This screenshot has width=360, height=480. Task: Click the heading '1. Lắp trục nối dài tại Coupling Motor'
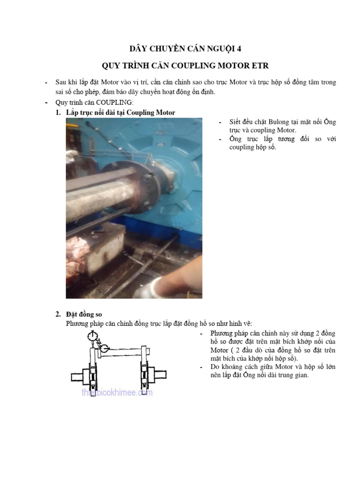tap(115, 112)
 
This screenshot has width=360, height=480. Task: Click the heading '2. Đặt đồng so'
tap(82, 314)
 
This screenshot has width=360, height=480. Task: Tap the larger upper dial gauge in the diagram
tap(92, 336)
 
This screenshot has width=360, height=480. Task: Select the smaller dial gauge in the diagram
tap(105, 348)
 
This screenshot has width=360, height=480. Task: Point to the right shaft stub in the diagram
tap(161, 375)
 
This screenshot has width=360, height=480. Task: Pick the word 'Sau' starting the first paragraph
tap(61, 82)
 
